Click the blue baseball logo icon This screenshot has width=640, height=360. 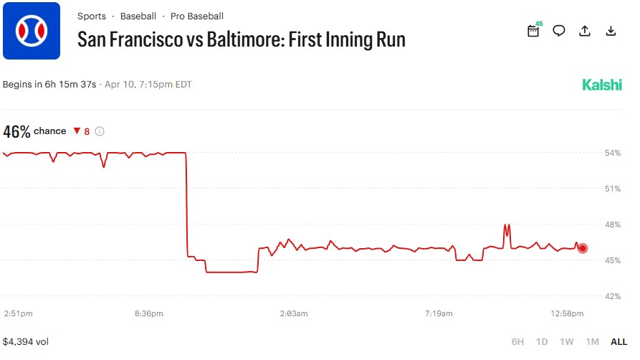[32, 31]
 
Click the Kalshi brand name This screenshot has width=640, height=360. [602, 85]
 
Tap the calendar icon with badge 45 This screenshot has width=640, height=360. [533, 31]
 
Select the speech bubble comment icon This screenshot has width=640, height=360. [559, 31]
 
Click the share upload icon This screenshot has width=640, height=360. [585, 31]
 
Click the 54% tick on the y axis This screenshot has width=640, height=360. [613, 153]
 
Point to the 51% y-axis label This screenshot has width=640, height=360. [613, 189]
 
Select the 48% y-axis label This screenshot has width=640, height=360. [613, 224]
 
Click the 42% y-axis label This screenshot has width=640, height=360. [613, 295]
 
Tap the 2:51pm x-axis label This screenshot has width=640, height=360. [18, 313]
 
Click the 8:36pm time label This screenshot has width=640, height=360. [148, 313]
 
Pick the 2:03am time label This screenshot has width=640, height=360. [293, 313]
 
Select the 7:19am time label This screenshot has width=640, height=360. [439, 313]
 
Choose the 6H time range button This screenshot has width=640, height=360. [517, 342]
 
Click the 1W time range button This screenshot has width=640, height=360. [566, 342]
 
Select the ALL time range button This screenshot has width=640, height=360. [618, 342]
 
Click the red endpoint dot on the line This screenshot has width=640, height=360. [583, 248]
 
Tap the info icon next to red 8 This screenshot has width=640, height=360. [100, 131]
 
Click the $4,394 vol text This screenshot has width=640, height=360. [25, 342]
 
